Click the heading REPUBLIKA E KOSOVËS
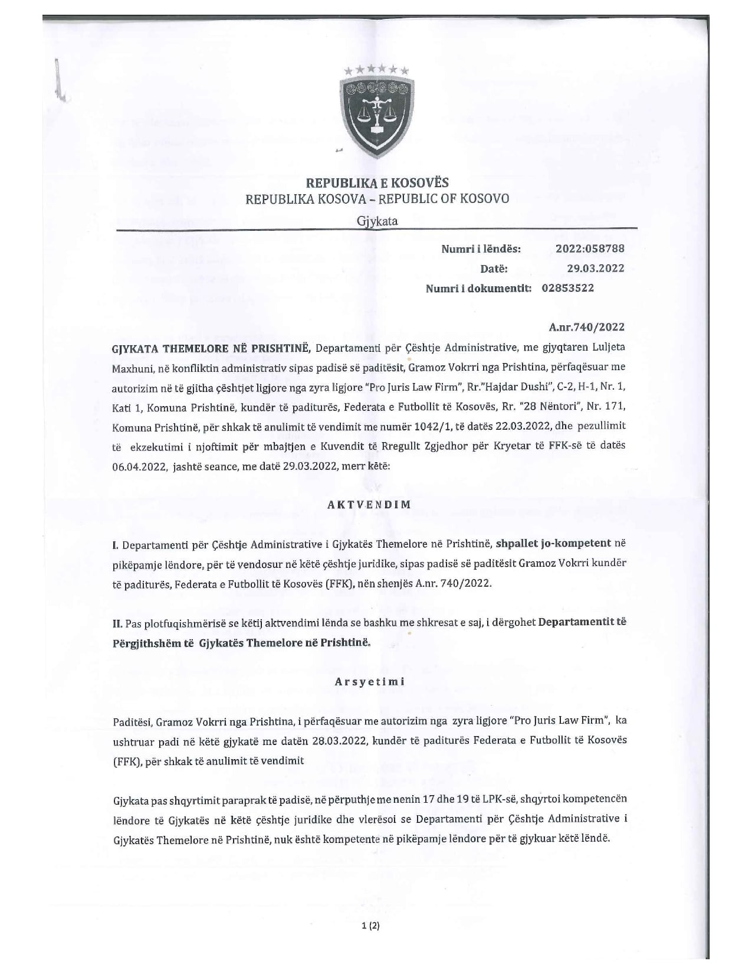click(377, 182)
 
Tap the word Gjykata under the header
click(377, 221)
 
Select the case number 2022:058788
click(589, 249)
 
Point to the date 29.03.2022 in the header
click(595, 268)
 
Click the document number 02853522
click(567, 288)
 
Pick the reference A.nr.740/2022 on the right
click(586, 327)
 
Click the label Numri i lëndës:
click(481, 249)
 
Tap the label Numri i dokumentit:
click(478, 288)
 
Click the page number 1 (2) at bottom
click(370, 926)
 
